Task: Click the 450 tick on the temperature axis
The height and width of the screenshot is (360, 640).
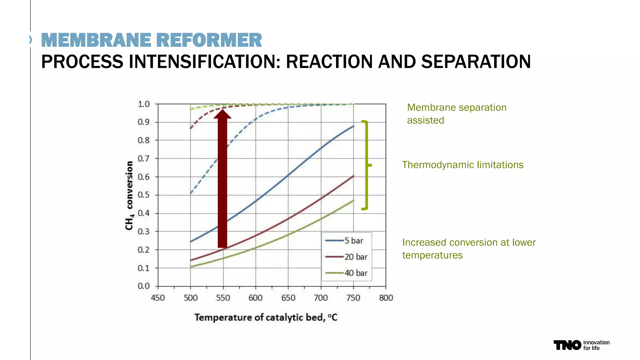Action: point(158,298)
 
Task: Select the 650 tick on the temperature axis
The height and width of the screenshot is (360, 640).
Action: point(288,298)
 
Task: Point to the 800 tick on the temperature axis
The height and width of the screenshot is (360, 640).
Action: point(386,298)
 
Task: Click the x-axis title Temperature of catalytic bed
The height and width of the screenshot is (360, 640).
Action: point(266,317)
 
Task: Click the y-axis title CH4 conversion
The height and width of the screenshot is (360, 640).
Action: point(129,195)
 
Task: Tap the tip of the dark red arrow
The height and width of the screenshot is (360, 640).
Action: point(222,110)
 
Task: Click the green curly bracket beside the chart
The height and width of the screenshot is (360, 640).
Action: point(367,165)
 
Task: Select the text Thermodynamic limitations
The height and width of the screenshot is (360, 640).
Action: point(462,165)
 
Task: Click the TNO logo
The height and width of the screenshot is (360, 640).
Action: point(567,345)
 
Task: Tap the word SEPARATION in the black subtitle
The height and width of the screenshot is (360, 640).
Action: point(476,62)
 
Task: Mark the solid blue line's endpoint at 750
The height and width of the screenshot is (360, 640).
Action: point(353,126)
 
